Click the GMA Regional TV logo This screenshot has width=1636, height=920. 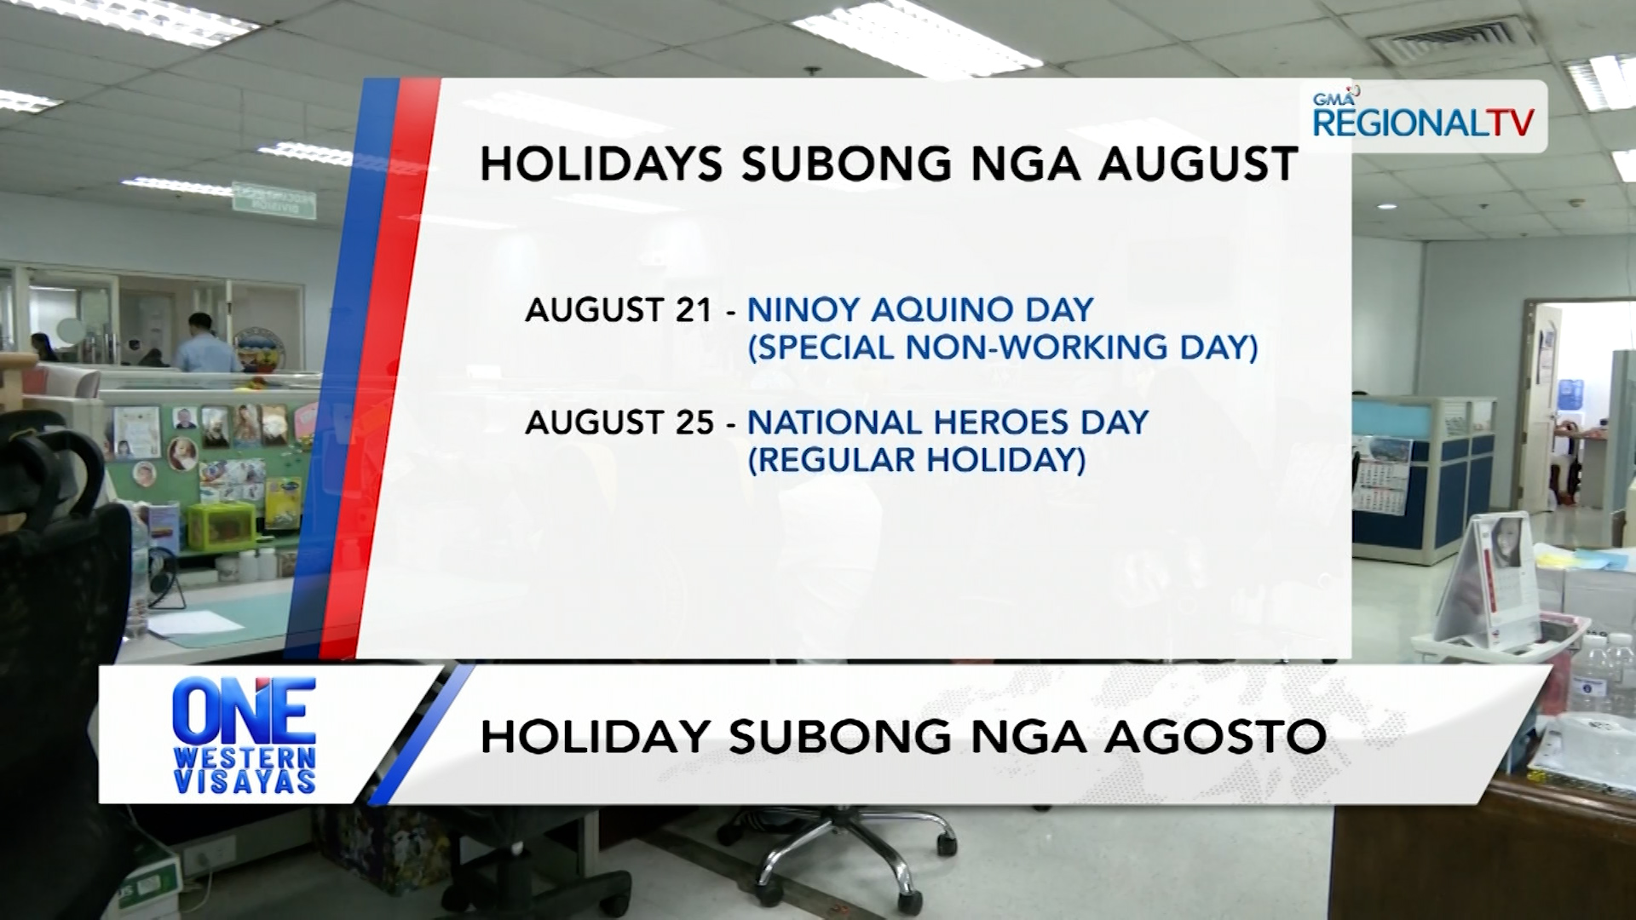pos(1423,116)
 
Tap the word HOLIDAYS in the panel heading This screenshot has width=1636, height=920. pos(601,164)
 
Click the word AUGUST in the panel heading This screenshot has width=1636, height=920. pos(1197,164)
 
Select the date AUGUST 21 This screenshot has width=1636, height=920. pos(619,309)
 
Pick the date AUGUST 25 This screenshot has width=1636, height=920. pos(619,423)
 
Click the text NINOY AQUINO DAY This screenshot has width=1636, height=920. pos(920,309)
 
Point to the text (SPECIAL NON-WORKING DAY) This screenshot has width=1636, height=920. pos(1002,348)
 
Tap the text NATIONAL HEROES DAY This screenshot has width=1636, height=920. pos(948,423)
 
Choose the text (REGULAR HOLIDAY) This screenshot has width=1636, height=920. pos(916,461)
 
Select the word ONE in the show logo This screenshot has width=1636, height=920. pos(244,710)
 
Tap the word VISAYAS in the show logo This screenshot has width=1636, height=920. pos(244,782)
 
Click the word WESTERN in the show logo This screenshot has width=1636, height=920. pos(244,758)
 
